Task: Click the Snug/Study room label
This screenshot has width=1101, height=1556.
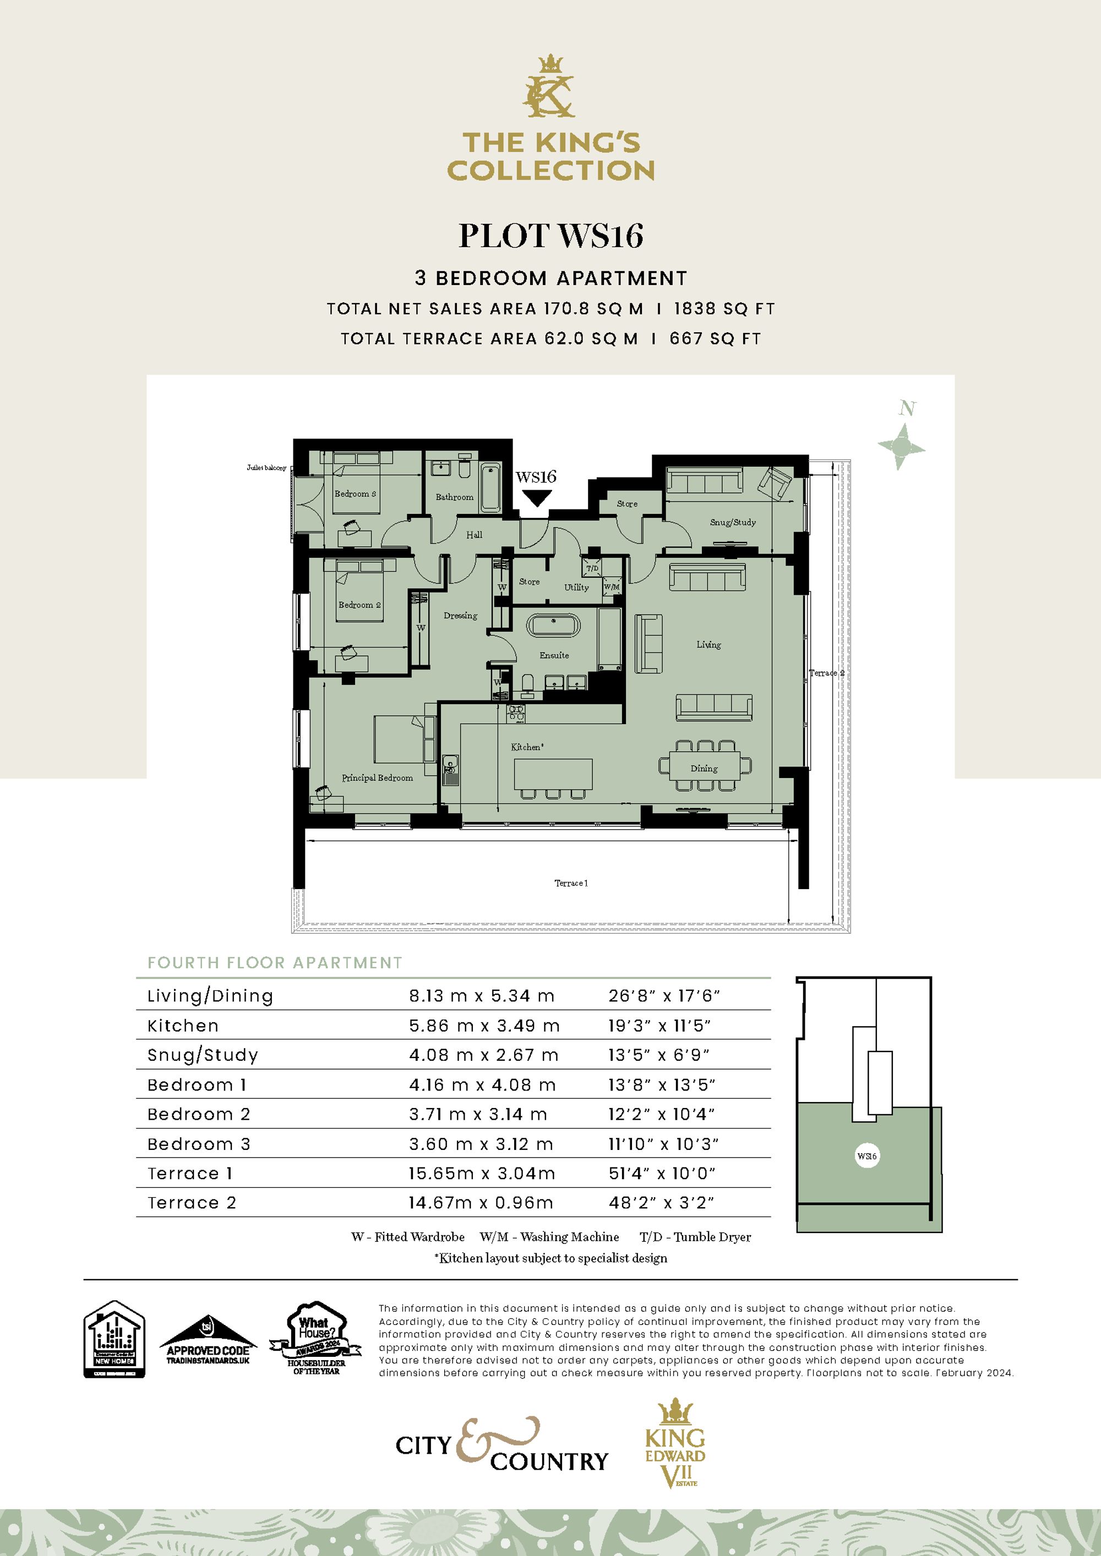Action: coord(732,522)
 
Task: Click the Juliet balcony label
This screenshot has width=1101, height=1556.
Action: coord(266,468)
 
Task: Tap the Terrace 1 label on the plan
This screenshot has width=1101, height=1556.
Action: coord(571,883)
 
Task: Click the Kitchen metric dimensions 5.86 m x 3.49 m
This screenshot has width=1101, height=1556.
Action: coord(484,1026)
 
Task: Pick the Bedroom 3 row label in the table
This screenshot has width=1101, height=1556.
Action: coord(199,1144)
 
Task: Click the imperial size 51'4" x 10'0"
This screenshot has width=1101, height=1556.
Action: coord(662,1174)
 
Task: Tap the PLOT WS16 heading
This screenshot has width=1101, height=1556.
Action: coord(550,237)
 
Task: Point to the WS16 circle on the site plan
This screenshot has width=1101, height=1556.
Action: coord(867,1156)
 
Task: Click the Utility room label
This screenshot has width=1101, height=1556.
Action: coord(576,588)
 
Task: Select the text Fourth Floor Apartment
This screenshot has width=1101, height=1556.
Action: coord(275,963)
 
